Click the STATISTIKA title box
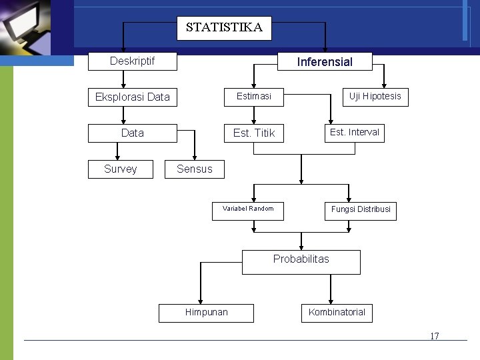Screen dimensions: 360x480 (224, 28)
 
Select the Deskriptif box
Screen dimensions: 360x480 (133, 61)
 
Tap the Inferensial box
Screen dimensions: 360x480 (325, 62)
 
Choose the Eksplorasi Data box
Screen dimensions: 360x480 (133, 97)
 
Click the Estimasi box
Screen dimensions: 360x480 (254, 97)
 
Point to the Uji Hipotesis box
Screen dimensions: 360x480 (375, 97)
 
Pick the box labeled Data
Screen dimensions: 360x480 (133, 133)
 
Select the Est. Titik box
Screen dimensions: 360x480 (254, 133)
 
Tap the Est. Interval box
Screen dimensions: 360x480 (354, 133)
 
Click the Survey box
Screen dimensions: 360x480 (121, 169)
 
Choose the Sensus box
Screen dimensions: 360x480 (195, 169)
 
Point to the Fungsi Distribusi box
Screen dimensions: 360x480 (361, 210)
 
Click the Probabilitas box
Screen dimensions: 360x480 (301, 261)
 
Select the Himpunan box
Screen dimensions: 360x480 (206, 313)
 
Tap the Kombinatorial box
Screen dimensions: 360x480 (337, 313)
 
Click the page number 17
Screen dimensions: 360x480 (435, 336)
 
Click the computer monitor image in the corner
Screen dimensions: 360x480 (30, 27)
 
